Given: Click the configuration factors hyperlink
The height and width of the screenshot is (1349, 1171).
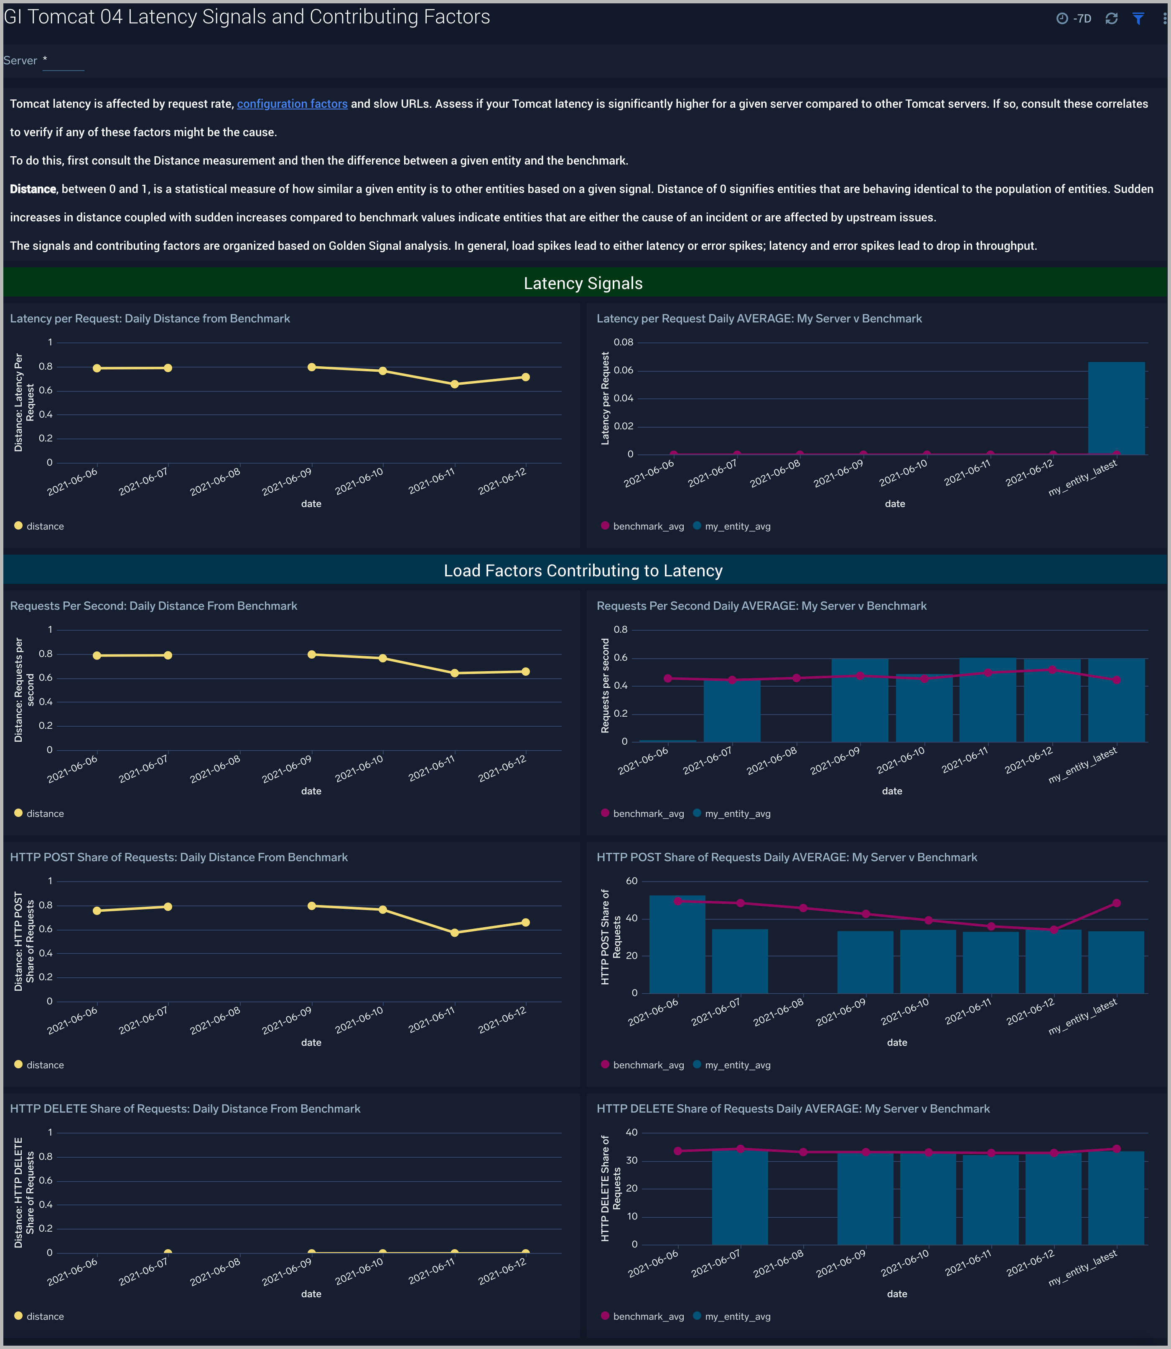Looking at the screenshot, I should [x=292, y=104].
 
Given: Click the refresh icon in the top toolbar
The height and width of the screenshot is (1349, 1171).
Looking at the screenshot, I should [x=1111, y=18].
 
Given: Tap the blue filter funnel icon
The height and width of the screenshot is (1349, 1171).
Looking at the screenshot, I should [x=1138, y=18].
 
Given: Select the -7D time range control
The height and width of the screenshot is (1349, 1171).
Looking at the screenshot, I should [x=1074, y=18].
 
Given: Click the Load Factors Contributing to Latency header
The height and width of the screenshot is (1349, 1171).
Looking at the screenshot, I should [x=583, y=571].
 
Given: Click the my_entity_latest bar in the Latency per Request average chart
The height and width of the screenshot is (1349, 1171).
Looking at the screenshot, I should [x=1116, y=408].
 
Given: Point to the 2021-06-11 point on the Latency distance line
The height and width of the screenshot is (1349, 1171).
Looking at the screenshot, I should [x=454, y=384].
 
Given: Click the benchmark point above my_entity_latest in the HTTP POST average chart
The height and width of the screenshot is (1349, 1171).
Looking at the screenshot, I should [x=1116, y=903].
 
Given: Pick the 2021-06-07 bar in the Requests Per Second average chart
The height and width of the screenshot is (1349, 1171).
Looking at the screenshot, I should [x=732, y=710].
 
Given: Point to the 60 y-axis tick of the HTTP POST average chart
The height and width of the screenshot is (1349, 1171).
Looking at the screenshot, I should [x=631, y=881].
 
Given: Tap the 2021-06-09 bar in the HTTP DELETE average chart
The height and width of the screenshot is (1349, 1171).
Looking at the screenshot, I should [x=865, y=1198].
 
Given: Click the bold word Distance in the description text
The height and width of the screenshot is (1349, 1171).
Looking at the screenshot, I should [x=33, y=189].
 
